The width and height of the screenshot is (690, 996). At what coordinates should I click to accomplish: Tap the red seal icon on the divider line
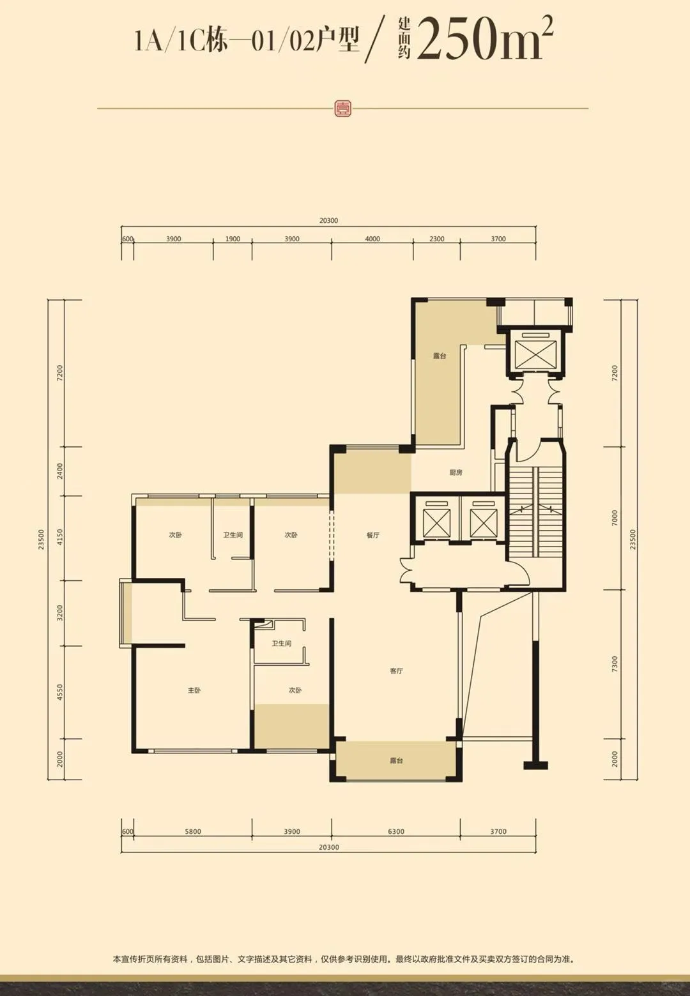click(342, 108)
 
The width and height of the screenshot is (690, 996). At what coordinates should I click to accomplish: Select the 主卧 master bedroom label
click(194, 690)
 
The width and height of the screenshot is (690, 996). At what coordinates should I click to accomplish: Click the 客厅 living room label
click(396, 670)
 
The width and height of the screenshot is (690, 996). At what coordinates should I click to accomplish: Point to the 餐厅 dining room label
click(373, 535)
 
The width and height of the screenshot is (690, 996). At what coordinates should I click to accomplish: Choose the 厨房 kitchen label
click(456, 472)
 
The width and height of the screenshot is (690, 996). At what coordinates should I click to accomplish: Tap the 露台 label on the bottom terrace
click(396, 760)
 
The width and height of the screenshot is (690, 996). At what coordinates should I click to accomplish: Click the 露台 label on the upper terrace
click(440, 356)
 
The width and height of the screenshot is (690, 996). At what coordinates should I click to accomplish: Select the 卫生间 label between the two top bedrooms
click(233, 535)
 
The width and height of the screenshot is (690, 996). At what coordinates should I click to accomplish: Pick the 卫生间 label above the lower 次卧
click(282, 644)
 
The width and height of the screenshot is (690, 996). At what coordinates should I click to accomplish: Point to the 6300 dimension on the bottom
click(396, 831)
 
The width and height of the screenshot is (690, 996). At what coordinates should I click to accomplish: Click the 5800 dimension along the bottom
click(193, 831)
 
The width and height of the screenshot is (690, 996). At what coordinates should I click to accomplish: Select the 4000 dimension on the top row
click(372, 239)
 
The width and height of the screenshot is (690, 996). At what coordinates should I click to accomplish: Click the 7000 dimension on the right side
click(615, 518)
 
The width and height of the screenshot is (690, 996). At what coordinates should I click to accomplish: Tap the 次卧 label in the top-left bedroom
click(175, 535)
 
